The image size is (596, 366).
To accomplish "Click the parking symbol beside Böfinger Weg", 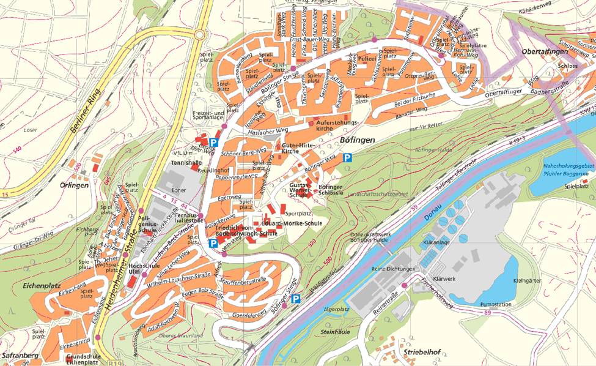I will coord(347,157).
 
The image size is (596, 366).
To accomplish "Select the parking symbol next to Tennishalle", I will coord(213,143).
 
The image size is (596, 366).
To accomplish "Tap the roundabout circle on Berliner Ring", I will coord(199,35).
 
